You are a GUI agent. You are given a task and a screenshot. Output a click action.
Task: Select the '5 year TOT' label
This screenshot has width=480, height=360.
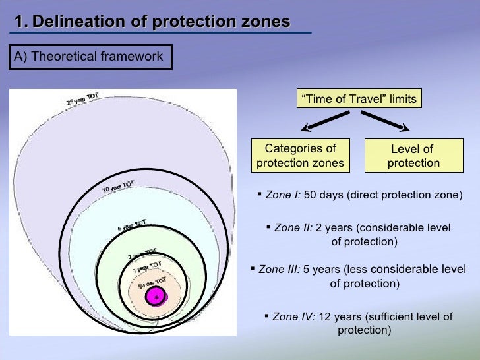[133, 225]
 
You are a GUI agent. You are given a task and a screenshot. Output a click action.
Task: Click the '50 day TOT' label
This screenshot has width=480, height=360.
[151, 283]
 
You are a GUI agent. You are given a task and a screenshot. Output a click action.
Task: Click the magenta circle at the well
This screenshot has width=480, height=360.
[156, 297]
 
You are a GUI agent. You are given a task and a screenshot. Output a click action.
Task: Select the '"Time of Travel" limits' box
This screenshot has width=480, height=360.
[359, 99]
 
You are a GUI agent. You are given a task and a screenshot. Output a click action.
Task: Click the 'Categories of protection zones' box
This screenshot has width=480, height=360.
[300, 156]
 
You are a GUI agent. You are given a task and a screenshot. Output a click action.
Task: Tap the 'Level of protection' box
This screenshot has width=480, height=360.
[413, 156]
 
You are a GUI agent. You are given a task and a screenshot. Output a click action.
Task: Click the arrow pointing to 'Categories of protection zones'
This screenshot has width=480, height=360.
[325, 122]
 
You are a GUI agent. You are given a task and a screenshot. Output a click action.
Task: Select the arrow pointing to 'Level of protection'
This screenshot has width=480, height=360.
[385, 122]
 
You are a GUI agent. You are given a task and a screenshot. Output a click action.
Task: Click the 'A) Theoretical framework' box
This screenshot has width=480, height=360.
[89, 57]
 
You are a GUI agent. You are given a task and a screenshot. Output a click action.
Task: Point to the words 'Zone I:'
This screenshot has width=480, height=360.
[283, 196]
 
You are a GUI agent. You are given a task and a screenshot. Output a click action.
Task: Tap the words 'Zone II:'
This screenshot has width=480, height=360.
[293, 228]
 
